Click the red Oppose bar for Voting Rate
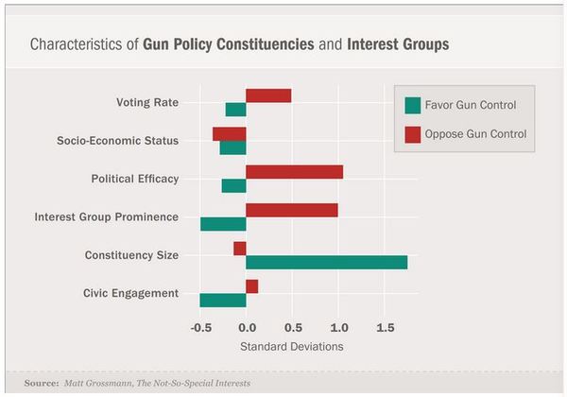tap(268, 95)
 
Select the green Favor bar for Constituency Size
tap(326, 262)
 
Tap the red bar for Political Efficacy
tap(294, 172)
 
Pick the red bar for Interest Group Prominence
tap(291, 210)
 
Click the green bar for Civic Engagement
tap(223, 300)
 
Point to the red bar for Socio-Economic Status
tap(230, 134)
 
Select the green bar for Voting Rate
tap(235, 110)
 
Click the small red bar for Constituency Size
tap(240, 249)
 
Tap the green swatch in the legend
tap(412, 104)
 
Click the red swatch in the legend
tap(412, 135)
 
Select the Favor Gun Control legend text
tap(471, 104)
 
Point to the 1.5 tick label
tap(384, 328)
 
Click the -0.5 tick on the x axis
tap(200, 328)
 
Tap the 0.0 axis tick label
tap(246, 328)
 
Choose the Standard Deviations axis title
tap(291, 347)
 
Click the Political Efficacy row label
tap(134, 179)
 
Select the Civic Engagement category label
tap(131, 293)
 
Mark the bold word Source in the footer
tap(43, 384)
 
